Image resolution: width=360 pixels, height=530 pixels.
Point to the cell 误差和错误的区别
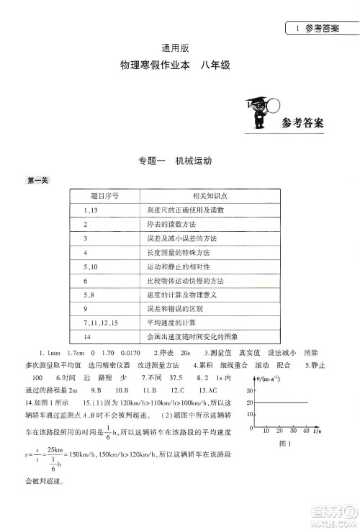177,308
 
